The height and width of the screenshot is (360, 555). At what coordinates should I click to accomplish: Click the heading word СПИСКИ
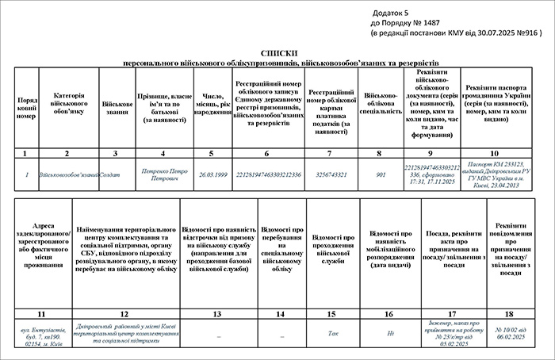[277, 51]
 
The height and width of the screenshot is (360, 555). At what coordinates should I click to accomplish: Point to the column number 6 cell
[266, 152]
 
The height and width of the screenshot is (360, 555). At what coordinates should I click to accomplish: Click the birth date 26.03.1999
[212, 174]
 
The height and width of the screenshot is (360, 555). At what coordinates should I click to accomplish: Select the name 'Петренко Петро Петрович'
[163, 174]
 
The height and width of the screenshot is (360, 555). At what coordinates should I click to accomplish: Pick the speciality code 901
[381, 174]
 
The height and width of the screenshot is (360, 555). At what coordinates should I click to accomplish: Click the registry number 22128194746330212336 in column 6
[266, 174]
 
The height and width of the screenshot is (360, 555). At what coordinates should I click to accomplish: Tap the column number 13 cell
[217, 315]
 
